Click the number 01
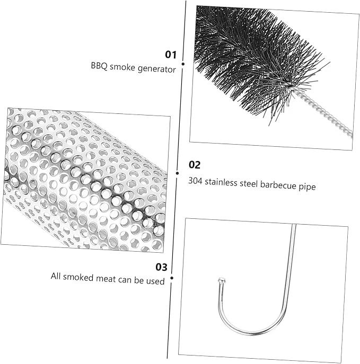pos(171,55)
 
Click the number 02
pos(195,165)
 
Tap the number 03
pos(161,267)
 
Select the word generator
pos(157,69)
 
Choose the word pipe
pos(307,187)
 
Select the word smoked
pos(78,277)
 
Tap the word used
pos(155,281)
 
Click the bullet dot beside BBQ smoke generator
pos(183,64)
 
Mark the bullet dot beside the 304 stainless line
pos(178,173)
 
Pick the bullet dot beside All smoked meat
pos(172,278)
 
